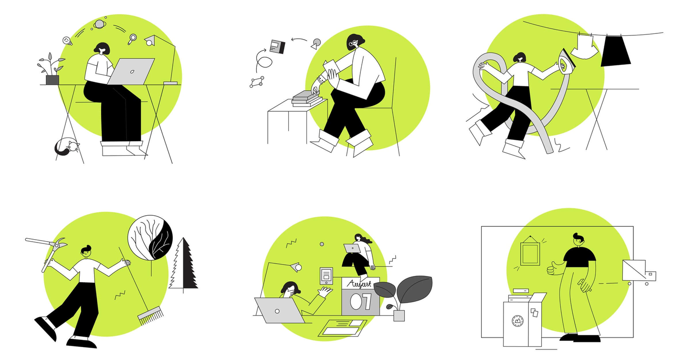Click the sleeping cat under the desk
pyautogui.click(x=66, y=147)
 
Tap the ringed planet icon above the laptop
pyautogui.click(x=100, y=24)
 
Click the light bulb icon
pyautogui.click(x=67, y=41)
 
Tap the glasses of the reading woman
pyautogui.click(x=352, y=43)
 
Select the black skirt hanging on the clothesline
pyautogui.click(x=615, y=51)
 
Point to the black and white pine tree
pyautogui.click(x=184, y=265)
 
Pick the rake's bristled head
pyautogui.click(x=150, y=316)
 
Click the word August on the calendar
pyautogui.click(x=360, y=284)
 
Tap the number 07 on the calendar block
pyautogui.click(x=360, y=302)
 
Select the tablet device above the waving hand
pyautogui.click(x=326, y=275)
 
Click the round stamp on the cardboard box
pyautogui.click(x=517, y=321)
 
